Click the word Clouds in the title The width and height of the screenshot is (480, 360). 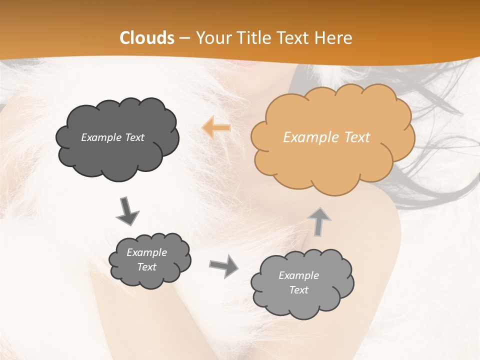(147, 38)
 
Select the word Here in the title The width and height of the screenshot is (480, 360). (334, 38)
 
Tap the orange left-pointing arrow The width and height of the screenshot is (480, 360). (216, 127)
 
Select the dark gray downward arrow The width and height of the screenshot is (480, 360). (128, 210)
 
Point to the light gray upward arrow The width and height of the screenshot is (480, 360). (319, 221)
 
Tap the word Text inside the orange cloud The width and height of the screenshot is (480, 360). (357, 137)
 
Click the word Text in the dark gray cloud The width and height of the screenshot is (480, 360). (134, 137)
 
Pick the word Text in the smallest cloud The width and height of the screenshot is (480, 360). (147, 267)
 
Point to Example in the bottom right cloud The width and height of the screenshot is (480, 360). (298, 275)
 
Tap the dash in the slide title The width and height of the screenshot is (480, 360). (184, 38)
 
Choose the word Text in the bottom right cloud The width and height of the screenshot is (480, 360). (298, 290)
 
